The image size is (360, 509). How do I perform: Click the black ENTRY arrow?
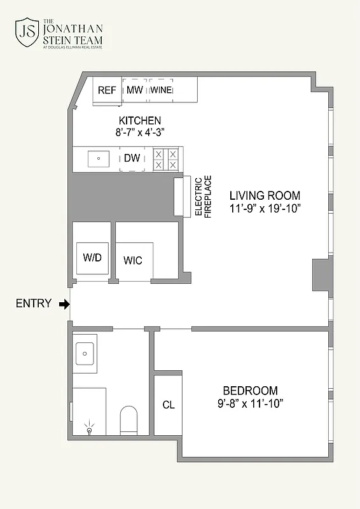pyautogui.click(x=64, y=304)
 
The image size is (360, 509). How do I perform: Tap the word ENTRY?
pyautogui.click(x=33, y=304)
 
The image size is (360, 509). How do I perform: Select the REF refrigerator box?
pyautogui.click(x=107, y=90)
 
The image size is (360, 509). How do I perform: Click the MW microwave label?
pyautogui.click(x=134, y=90)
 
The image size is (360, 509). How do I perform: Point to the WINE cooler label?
pyautogui.click(x=162, y=90)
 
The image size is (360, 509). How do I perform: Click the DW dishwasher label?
pyautogui.click(x=132, y=158)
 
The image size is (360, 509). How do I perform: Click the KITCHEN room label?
pyautogui.click(x=140, y=121)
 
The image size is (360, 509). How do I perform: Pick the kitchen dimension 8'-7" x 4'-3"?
pyautogui.click(x=140, y=133)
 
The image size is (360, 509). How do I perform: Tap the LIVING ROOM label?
pyautogui.click(x=265, y=195)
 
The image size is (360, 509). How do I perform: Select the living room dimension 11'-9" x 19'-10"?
pyautogui.click(x=265, y=208)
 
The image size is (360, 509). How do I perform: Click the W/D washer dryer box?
pyautogui.click(x=93, y=258)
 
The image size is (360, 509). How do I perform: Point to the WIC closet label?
pyautogui.click(x=133, y=260)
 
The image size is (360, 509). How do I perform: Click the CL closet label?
pyautogui.click(x=168, y=405)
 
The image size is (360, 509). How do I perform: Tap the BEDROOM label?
pyautogui.click(x=250, y=391)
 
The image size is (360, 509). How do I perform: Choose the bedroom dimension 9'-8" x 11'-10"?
pyautogui.click(x=250, y=403)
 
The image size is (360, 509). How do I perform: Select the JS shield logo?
pyautogui.click(x=27, y=33)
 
